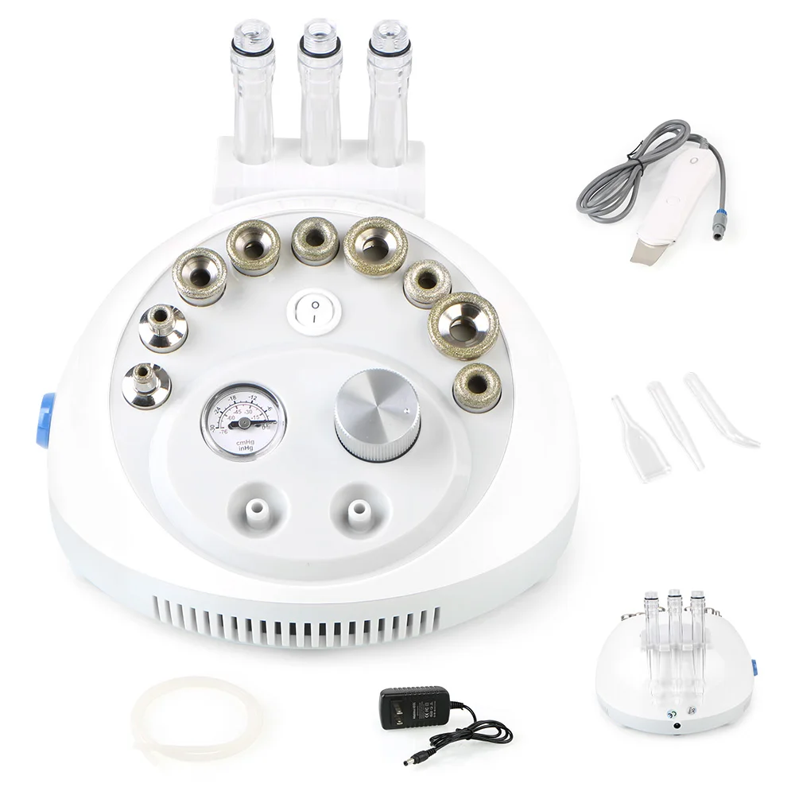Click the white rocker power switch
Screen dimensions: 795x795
(314, 310)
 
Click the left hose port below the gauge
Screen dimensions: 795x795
(254, 509)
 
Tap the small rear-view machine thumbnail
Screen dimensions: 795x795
(676, 660)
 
